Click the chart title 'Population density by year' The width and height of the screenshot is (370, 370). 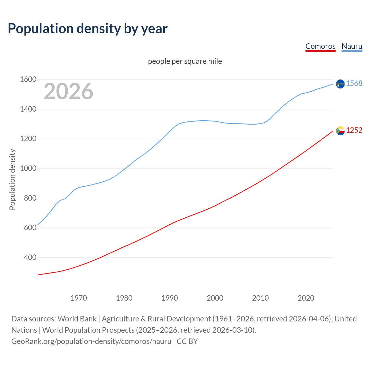(x=88, y=28)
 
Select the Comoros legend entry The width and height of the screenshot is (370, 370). (x=320, y=46)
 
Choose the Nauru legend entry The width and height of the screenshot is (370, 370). (x=352, y=46)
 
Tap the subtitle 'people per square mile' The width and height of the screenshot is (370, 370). (x=185, y=61)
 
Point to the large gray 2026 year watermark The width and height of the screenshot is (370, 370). (x=69, y=91)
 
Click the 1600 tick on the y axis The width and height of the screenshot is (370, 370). (x=28, y=79)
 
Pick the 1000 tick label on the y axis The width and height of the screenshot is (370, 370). (x=28, y=169)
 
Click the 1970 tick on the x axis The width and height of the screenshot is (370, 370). (x=79, y=298)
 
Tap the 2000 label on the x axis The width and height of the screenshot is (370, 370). (x=215, y=298)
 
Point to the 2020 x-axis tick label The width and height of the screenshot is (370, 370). (x=306, y=298)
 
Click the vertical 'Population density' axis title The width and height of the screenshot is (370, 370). (x=12, y=179)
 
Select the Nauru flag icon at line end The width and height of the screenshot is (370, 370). (x=340, y=84)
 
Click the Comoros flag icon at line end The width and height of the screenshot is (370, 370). (x=340, y=131)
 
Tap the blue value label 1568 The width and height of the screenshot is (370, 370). (x=354, y=84)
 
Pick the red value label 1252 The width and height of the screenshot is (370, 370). (x=354, y=130)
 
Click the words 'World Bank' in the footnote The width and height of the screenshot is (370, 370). (x=77, y=319)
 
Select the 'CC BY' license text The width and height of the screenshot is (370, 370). (x=187, y=341)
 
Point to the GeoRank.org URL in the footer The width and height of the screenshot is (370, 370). (x=91, y=341)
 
